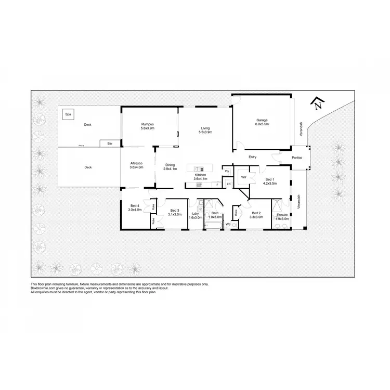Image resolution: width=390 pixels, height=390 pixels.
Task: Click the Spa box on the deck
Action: pyautogui.click(x=67, y=114)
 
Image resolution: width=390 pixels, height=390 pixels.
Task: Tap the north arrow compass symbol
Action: pyautogui.click(x=318, y=104)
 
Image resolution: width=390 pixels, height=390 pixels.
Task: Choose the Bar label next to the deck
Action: pyautogui.click(x=110, y=143)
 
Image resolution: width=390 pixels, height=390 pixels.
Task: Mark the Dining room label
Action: pyautogui.click(x=170, y=166)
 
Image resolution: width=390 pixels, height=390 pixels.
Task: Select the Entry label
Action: pyautogui.click(x=253, y=157)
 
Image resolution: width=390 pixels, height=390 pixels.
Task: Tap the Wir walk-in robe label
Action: pyautogui.click(x=243, y=177)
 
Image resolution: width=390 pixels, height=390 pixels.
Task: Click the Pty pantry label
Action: pyautogui.click(x=227, y=171)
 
